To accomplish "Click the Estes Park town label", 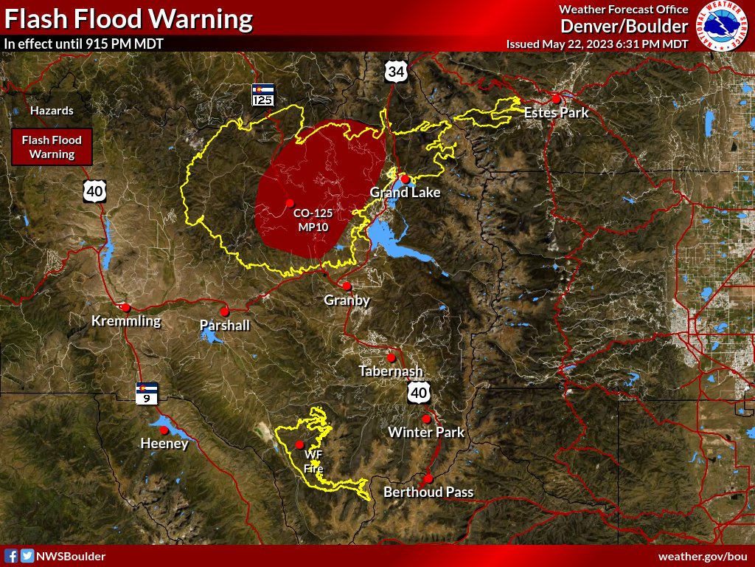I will (x=556, y=113).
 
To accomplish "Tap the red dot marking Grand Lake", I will (x=405, y=179).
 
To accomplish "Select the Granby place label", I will (x=347, y=300).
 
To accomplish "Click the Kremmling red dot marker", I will (x=126, y=307).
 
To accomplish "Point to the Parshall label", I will (x=225, y=326).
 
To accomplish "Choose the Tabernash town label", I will (x=391, y=371).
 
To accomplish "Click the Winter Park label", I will (x=426, y=432).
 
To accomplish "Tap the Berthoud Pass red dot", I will (x=428, y=478).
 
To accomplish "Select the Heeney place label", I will (x=164, y=444).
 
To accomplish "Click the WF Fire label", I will (x=313, y=461).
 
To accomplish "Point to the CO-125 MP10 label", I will (x=313, y=220).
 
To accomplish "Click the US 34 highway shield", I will (x=395, y=71).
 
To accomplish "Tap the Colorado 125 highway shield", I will (x=262, y=94).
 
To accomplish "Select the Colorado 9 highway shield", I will (x=146, y=393).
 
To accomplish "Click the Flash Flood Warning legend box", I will (x=52, y=147).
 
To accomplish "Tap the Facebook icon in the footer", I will (x=11, y=556).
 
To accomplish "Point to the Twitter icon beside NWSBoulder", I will (x=27, y=556).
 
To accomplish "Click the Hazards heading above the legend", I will (x=52, y=111).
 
